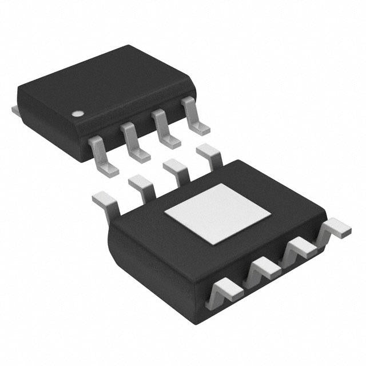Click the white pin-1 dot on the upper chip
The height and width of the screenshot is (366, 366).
coord(76,113)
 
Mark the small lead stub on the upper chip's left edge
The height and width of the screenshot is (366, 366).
coord(15,108)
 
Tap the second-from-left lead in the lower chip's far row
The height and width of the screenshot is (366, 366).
coord(141,185)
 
